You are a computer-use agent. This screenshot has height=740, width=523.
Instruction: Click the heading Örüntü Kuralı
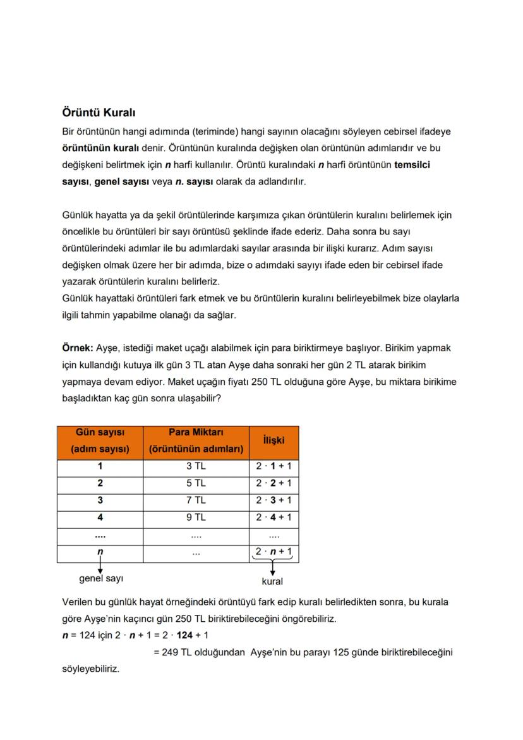click(99, 112)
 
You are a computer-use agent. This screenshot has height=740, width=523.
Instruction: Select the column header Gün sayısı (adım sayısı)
click(100, 441)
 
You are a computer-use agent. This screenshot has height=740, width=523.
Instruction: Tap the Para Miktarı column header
click(196, 441)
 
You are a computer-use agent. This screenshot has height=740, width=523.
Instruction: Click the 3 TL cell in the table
click(196, 467)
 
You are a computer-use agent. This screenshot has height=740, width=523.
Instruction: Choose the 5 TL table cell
click(196, 483)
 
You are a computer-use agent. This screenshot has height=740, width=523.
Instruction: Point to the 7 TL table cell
click(196, 500)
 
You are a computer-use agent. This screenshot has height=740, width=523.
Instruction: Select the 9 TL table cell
click(196, 518)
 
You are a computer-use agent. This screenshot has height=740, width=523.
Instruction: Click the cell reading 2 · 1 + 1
click(274, 467)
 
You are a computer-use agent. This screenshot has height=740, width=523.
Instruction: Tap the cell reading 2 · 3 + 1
click(274, 500)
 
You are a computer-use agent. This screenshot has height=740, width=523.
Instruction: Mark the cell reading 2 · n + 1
click(274, 552)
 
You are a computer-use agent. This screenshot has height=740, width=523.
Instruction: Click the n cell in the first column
click(100, 552)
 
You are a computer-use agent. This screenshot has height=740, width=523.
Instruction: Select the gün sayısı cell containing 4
click(100, 518)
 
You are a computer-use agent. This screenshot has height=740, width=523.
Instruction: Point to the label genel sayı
click(100, 579)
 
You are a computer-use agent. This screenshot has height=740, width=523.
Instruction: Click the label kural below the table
click(272, 581)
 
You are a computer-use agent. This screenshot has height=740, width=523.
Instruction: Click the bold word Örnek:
click(77, 348)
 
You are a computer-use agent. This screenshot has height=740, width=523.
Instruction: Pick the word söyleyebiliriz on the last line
click(90, 668)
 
